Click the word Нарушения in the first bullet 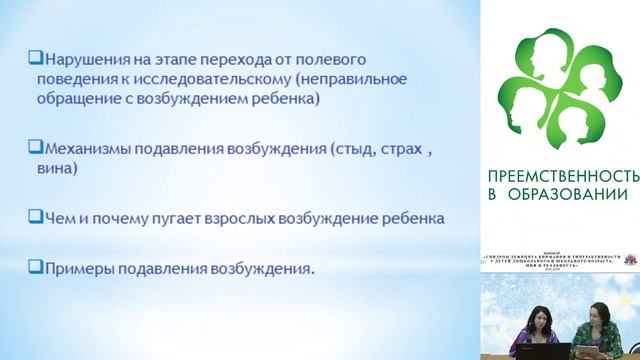click(x=82, y=59)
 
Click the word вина click(x=61, y=169)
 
